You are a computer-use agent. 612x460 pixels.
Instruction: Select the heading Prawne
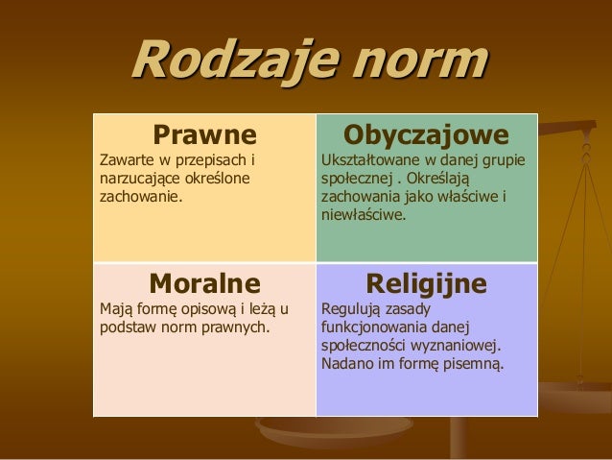pos(205,132)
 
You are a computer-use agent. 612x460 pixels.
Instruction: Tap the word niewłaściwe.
pos(363,215)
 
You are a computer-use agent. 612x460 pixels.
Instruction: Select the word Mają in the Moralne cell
pos(116,309)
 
